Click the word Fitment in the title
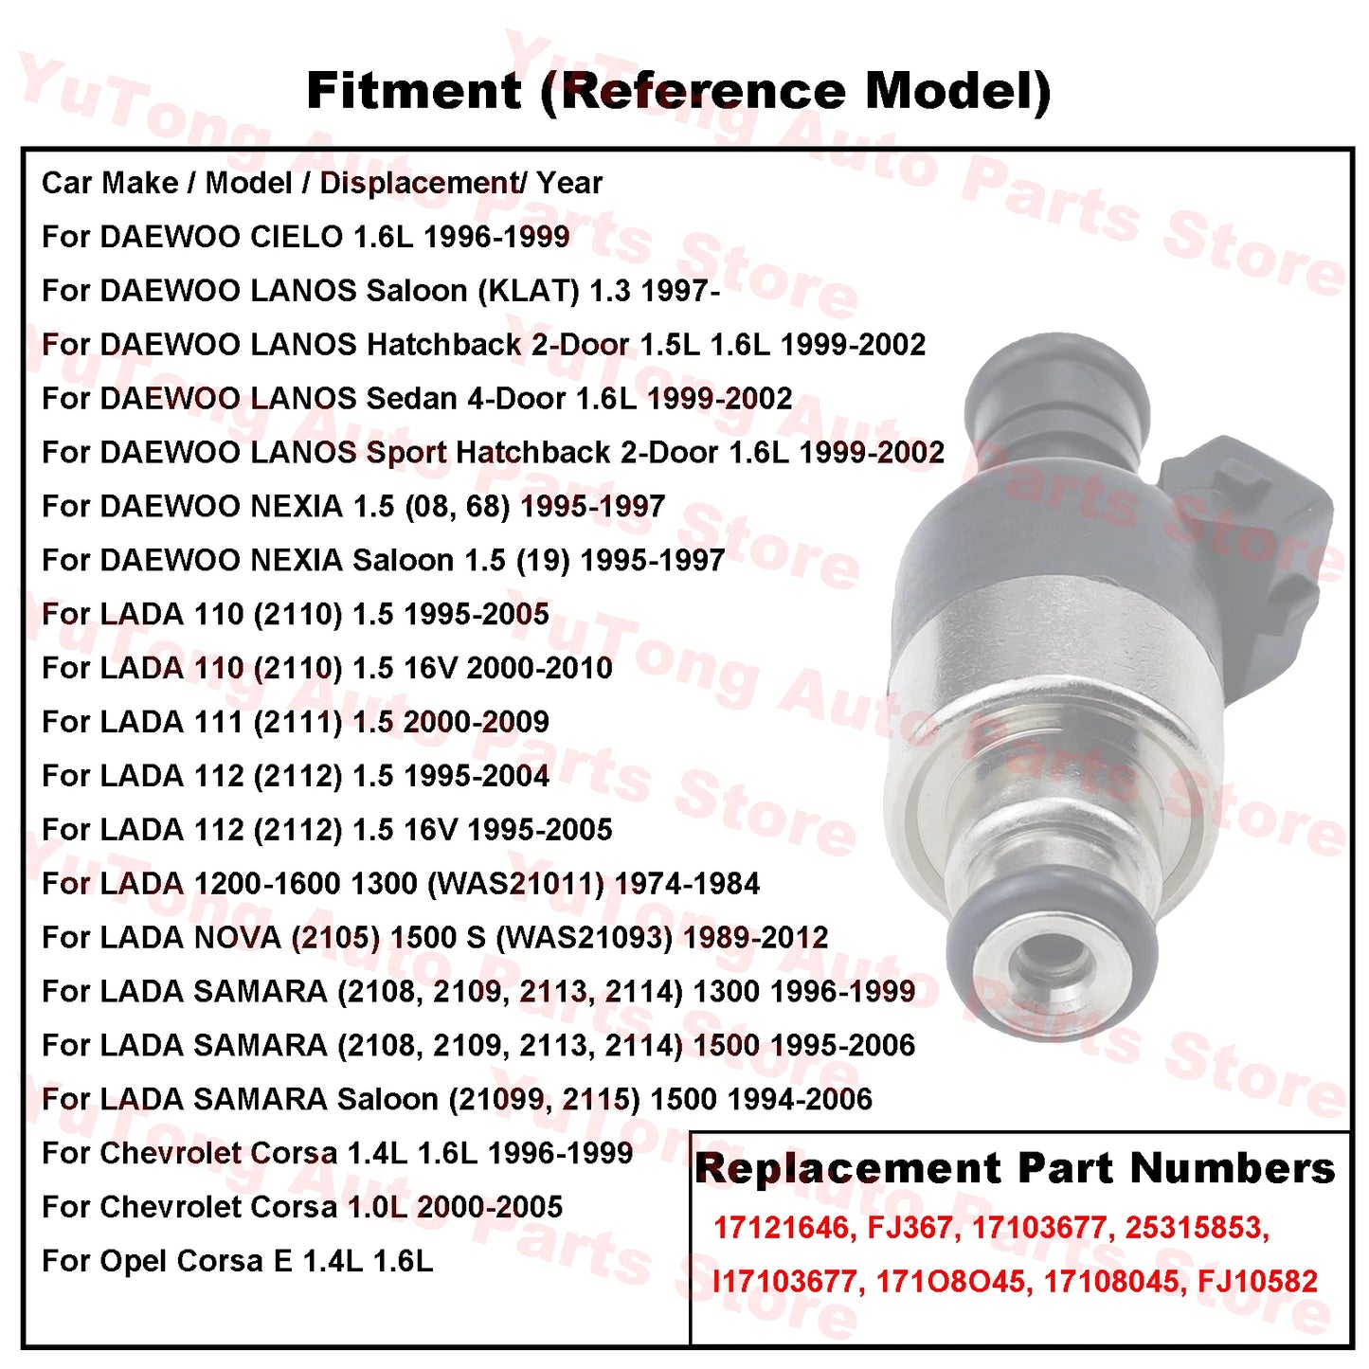click(x=414, y=92)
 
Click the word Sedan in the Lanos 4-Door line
click(x=411, y=399)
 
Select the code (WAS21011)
click(x=516, y=884)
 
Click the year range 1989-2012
click(x=755, y=938)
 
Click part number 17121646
click(x=781, y=1228)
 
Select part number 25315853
click(x=1196, y=1228)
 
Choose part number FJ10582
click(x=1257, y=1282)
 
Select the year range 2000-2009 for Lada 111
click(x=476, y=722)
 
